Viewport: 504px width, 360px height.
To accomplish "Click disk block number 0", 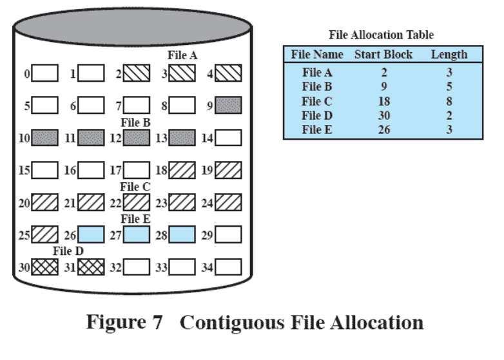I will click(45, 73).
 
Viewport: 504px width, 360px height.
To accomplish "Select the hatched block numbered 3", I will click(182, 73).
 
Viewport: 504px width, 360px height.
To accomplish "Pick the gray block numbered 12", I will click(137, 137).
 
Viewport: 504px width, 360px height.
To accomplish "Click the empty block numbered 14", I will click(229, 137).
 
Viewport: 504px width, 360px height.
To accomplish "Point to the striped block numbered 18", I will click(182, 170).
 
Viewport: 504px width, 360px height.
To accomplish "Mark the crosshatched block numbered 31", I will click(91, 267).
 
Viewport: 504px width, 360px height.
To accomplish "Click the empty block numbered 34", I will click(229, 267).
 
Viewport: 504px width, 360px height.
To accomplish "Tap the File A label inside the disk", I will click(182, 56).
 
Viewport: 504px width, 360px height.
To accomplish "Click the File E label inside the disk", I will click(136, 219).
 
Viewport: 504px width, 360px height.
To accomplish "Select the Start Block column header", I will click(383, 55).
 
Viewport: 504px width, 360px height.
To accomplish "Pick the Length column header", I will click(449, 55).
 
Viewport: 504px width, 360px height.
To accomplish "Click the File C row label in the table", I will click(317, 101).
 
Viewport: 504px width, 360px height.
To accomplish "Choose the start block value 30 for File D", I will click(384, 115).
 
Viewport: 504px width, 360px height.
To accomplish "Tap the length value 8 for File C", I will click(449, 101).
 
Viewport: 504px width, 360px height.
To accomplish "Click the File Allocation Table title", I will click(382, 35).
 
